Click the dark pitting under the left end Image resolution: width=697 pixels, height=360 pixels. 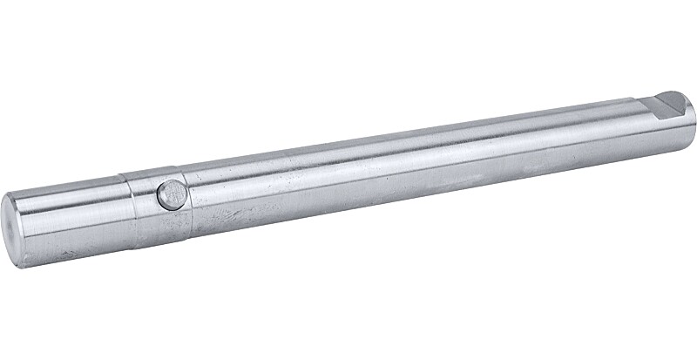pos(70,258)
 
